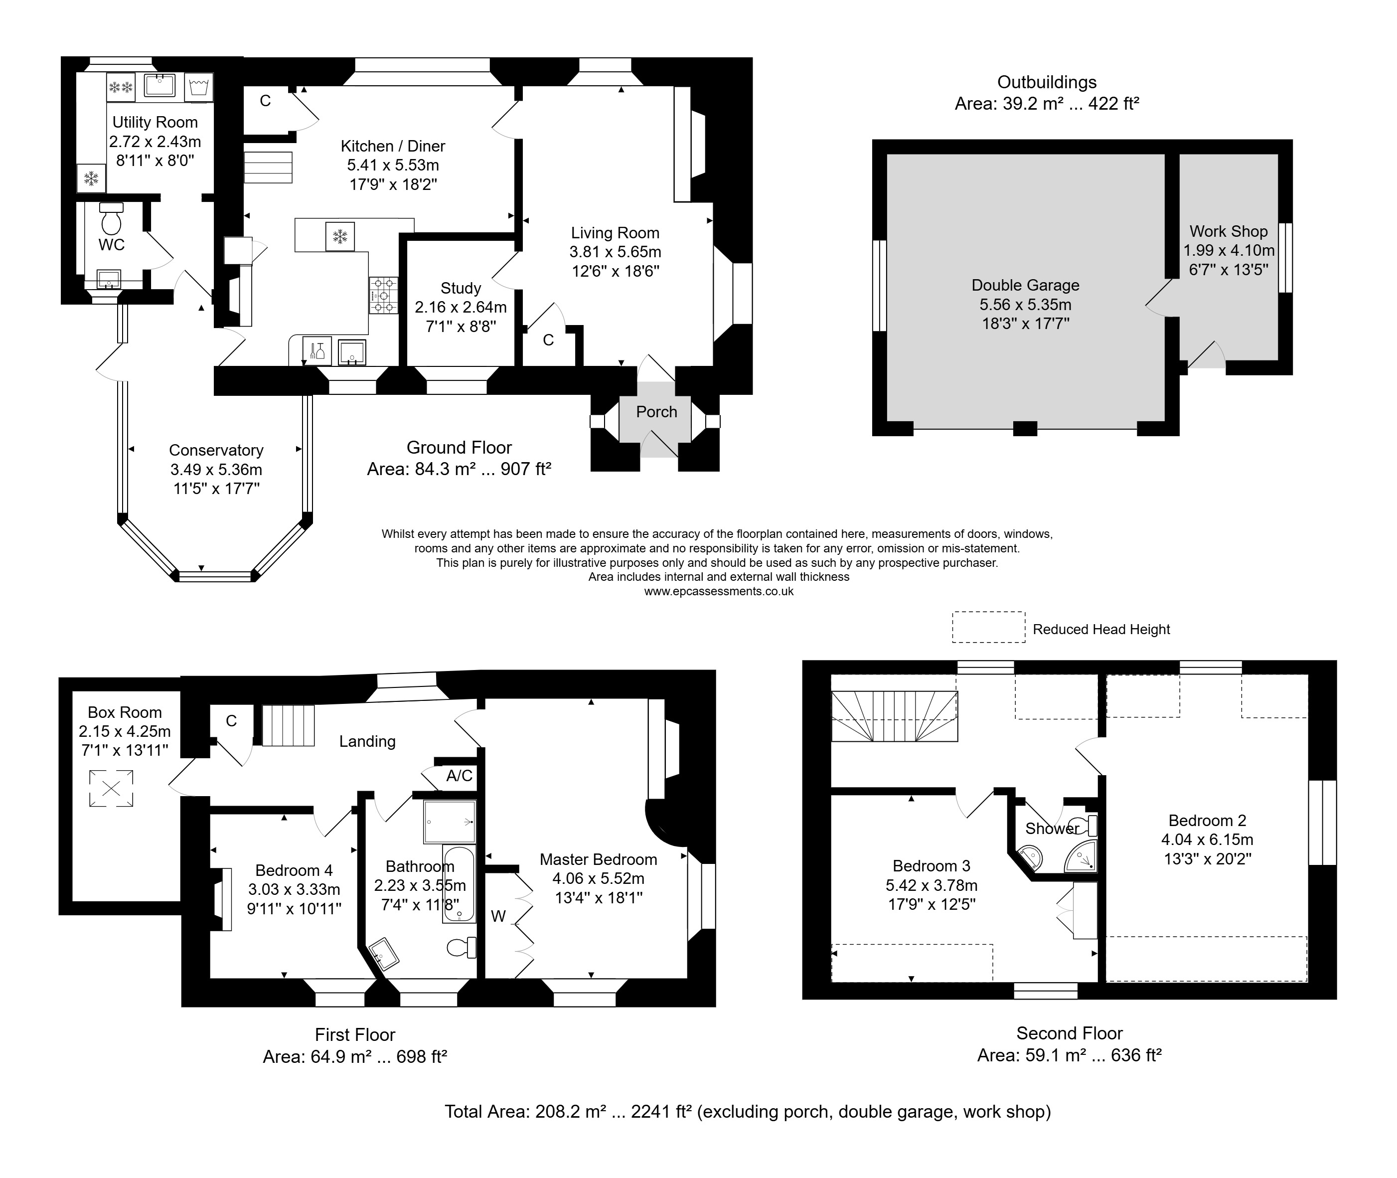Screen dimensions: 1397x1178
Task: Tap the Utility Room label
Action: (155, 122)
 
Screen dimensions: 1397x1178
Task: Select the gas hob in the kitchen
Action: (384, 295)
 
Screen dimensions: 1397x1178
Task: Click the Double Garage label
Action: (1025, 285)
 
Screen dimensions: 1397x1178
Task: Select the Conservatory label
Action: (216, 451)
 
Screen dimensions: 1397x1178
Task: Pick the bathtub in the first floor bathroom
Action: (459, 885)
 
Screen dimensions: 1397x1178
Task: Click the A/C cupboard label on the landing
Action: (459, 775)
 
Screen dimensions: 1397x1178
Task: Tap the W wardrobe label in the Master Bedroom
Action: (498, 916)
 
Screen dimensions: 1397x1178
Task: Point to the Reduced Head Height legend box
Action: (988, 627)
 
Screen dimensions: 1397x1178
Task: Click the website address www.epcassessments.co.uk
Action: (719, 592)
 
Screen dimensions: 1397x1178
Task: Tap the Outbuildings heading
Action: (1047, 82)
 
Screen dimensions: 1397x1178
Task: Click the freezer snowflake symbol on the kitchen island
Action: (340, 236)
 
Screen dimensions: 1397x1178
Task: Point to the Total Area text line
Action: (748, 1111)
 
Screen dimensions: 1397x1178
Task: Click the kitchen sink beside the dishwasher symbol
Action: (352, 352)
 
